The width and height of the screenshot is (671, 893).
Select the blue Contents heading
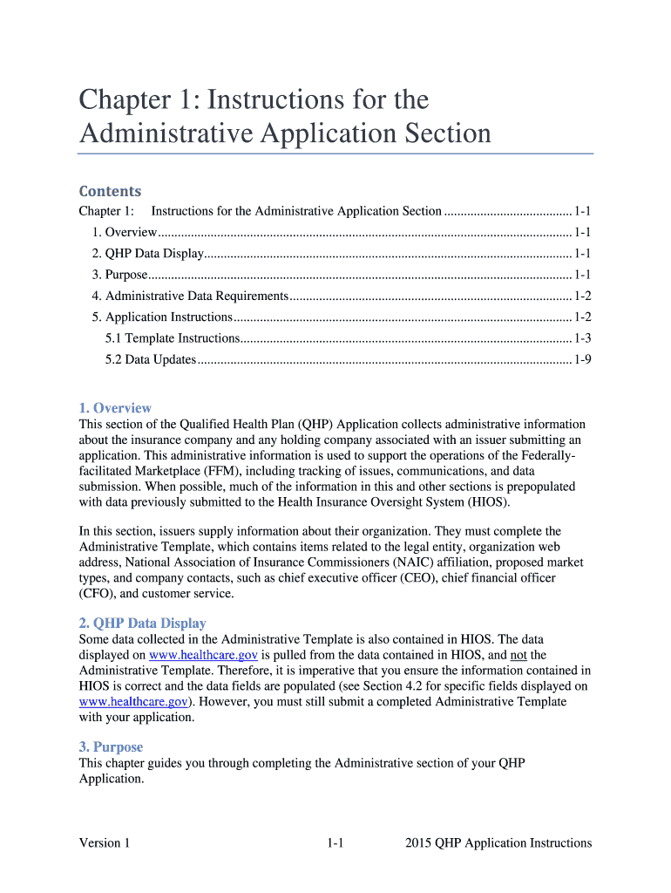click(x=110, y=191)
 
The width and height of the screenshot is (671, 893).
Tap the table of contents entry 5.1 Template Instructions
click(x=173, y=338)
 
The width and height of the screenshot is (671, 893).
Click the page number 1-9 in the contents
click(x=583, y=359)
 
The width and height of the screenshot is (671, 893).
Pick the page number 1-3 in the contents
click(x=583, y=338)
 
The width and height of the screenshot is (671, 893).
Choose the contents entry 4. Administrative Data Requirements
click(x=190, y=297)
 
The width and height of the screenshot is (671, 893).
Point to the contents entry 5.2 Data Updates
click(x=151, y=359)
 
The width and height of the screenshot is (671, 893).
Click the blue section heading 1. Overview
click(x=115, y=408)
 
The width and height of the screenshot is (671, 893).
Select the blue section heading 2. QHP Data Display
click(x=142, y=623)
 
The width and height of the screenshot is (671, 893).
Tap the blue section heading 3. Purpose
click(x=111, y=746)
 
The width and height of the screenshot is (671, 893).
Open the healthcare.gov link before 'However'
click(x=132, y=701)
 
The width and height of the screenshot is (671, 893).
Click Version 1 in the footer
click(x=105, y=842)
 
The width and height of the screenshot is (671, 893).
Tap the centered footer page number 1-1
click(x=335, y=842)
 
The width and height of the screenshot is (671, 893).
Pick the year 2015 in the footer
click(x=420, y=842)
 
